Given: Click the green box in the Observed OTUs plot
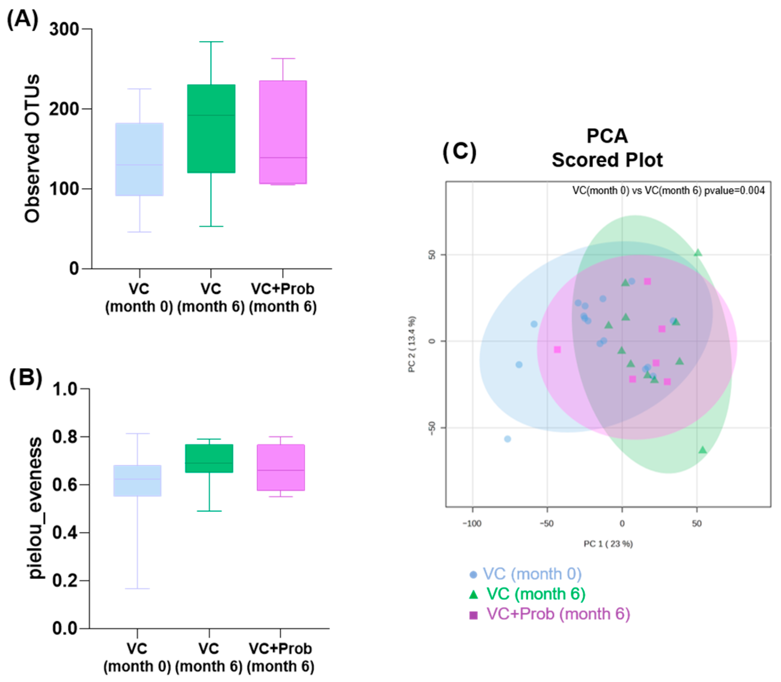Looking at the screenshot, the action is click(211, 129).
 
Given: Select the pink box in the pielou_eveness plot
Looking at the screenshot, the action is click(281, 468).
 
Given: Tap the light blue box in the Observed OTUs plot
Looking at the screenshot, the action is click(140, 159).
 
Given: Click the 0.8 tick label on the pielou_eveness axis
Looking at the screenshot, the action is click(65, 437).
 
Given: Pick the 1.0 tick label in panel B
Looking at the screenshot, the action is click(65, 389).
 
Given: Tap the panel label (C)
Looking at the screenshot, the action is click(459, 151).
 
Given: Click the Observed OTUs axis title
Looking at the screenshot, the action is click(32, 149).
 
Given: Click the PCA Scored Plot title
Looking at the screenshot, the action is click(607, 148).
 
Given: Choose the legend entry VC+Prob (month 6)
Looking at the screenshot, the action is click(550, 614).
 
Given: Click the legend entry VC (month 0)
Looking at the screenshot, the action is click(526, 574).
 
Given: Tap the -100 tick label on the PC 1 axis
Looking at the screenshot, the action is click(472, 523).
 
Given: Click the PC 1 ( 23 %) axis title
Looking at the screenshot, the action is click(608, 544).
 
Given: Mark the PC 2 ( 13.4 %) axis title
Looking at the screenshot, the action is click(412, 344).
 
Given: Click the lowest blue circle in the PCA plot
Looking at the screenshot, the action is click(507, 439).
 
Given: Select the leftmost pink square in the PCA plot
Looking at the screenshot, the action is click(557, 349).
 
